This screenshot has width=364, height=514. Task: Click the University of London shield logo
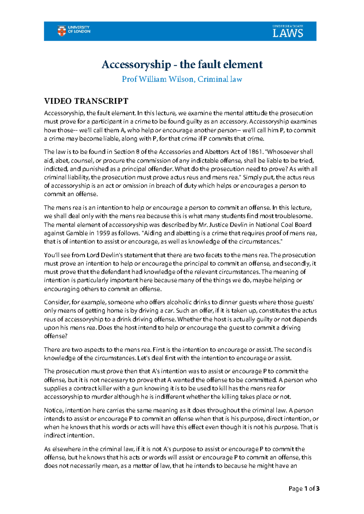coord(62,31)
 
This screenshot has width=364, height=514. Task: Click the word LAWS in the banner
coord(288,33)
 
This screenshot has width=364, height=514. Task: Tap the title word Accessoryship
coord(136,64)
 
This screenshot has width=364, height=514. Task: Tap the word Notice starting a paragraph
coord(53,410)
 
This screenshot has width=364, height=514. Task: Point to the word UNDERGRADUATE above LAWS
coord(288,26)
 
